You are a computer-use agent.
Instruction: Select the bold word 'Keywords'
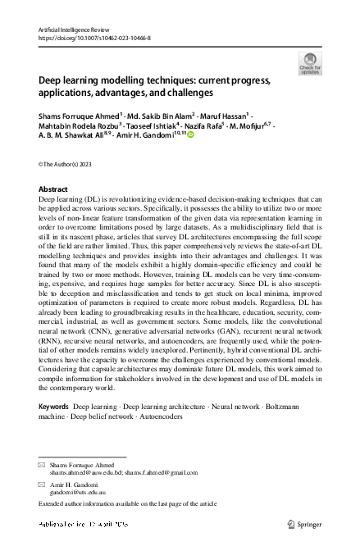click(x=54, y=407)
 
